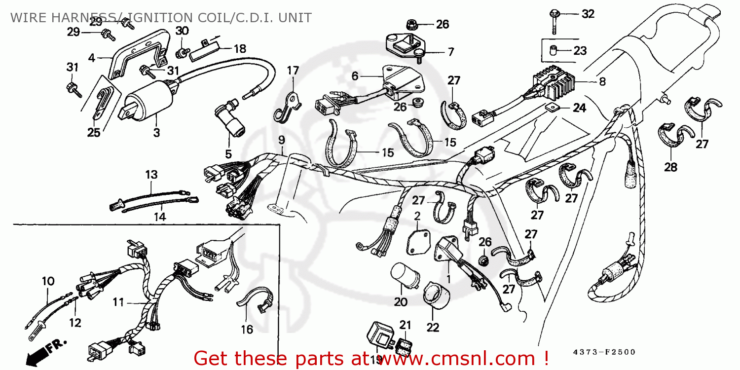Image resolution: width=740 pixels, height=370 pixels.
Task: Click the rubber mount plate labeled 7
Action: click(x=405, y=44)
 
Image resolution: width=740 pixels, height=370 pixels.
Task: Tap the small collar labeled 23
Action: click(x=553, y=50)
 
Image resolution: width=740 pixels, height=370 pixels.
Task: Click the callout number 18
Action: click(x=240, y=49)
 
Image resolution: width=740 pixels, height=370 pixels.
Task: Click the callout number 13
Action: click(x=151, y=174)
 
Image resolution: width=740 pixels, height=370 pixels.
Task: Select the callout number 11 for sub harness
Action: click(x=118, y=302)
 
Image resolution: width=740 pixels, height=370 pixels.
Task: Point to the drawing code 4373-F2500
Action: click(x=604, y=352)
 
